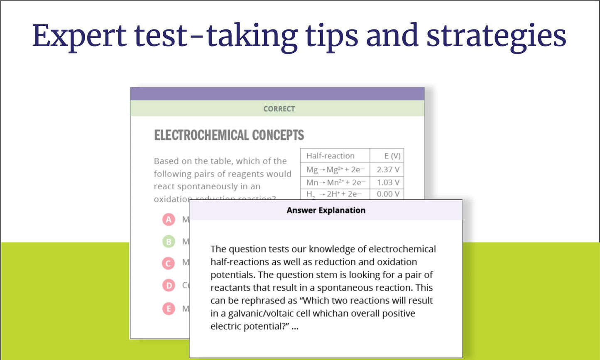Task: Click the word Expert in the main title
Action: [x=79, y=35]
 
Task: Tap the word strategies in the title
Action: [x=496, y=35]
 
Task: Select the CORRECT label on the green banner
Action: [x=279, y=109]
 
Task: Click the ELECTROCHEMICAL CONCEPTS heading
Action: [x=229, y=135]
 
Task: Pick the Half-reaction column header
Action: [x=331, y=156]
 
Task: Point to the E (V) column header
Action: [x=392, y=156]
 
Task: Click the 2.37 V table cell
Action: [x=388, y=169]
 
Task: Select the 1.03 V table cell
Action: [x=388, y=182]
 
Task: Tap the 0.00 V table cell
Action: [x=388, y=194]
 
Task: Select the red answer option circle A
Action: [x=169, y=219]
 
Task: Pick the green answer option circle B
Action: [x=169, y=241]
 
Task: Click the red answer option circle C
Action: [x=169, y=263]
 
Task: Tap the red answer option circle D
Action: [x=169, y=285]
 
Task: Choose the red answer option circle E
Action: [x=169, y=309]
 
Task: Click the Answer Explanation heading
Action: [x=326, y=210]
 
